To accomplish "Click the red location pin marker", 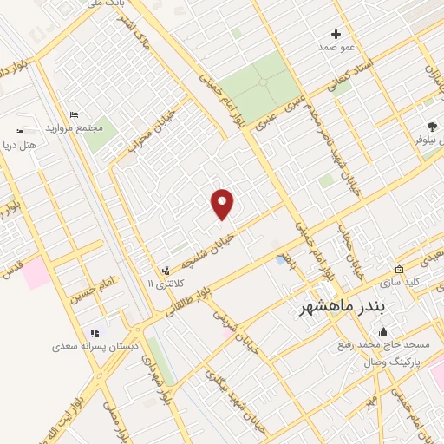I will [x=223, y=204].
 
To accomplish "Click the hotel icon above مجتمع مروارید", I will [x=74, y=115].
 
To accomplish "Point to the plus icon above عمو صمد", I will [x=336, y=34].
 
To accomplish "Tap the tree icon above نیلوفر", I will [x=432, y=127].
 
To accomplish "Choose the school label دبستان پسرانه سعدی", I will [x=95, y=346].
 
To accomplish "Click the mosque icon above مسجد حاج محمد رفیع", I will [x=383, y=331].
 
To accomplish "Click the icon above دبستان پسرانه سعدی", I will [x=95, y=332].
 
